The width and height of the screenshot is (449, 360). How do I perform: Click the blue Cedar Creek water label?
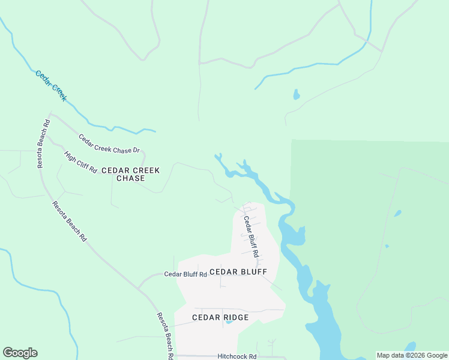click(x=50, y=85)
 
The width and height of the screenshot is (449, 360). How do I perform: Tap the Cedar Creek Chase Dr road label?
click(x=109, y=143)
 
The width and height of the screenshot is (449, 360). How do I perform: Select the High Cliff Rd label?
click(x=80, y=162)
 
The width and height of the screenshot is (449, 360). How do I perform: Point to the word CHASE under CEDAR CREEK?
click(x=130, y=178)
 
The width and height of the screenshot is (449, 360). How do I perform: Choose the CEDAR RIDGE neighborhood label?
click(x=220, y=317)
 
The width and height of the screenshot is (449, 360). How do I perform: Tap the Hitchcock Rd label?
click(x=237, y=356)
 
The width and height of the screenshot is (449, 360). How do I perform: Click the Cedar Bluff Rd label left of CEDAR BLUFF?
click(x=185, y=274)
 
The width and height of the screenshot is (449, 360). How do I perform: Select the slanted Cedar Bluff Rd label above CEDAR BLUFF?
click(x=250, y=236)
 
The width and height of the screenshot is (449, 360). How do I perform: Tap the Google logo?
click(x=20, y=353)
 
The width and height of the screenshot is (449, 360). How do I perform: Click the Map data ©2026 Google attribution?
click(x=412, y=355)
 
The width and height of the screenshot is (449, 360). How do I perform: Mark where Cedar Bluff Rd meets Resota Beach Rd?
click(x=139, y=289)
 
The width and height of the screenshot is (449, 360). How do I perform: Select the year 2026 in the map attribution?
click(x=416, y=355)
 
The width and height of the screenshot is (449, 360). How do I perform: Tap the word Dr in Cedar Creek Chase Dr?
click(x=136, y=150)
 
